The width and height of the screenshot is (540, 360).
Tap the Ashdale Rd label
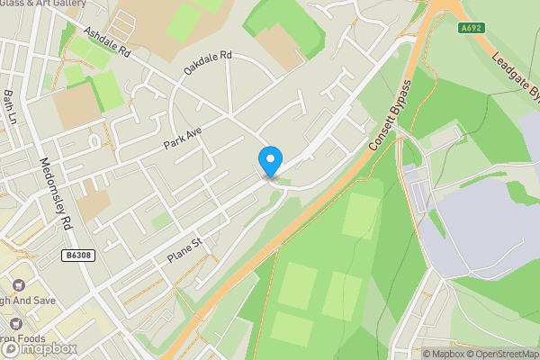[x=107, y=42]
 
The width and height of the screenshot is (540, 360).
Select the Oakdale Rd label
[x=208, y=62]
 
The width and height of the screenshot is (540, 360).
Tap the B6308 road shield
[x=78, y=256]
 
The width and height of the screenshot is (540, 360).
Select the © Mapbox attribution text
[x=443, y=354]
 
